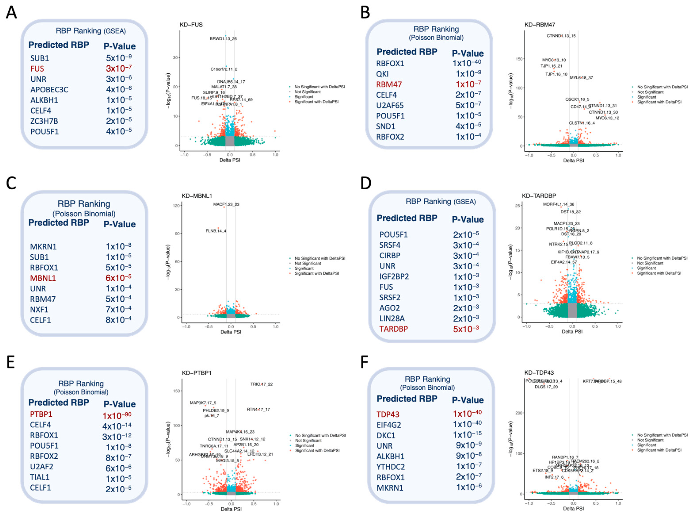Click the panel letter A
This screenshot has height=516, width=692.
click(x=11, y=13)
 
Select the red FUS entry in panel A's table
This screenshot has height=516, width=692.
click(x=37, y=69)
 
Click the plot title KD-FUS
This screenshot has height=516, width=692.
click(x=191, y=25)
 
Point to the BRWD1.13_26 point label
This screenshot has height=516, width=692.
click(x=223, y=39)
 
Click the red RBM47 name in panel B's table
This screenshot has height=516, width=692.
click(x=389, y=84)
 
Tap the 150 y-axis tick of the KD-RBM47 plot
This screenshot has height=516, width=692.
click(x=519, y=59)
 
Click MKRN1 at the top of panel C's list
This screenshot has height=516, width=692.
click(x=43, y=247)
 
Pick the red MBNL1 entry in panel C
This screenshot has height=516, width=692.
click(x=43, y=278)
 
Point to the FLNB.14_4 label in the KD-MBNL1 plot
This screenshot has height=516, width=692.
click(x=215, y=231)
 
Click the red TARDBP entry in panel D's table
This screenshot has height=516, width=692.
click(x=393, y=329)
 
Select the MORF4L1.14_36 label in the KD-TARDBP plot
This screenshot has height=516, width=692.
click(x=558, y=204)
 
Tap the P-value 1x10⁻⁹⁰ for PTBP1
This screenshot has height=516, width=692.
click(x=117, y=416)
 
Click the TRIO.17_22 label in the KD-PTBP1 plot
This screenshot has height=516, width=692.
click(x=261, y=384)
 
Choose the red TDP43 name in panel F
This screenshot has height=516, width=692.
click(x=388, y=415)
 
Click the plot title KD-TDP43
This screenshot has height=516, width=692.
click(x=539, y=373)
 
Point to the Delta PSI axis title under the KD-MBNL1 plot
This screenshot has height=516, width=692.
click(x=231, y=332)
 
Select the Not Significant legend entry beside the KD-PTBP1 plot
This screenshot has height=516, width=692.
click(x=308, y=440)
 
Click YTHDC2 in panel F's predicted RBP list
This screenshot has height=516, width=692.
click(x=391, y=467)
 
